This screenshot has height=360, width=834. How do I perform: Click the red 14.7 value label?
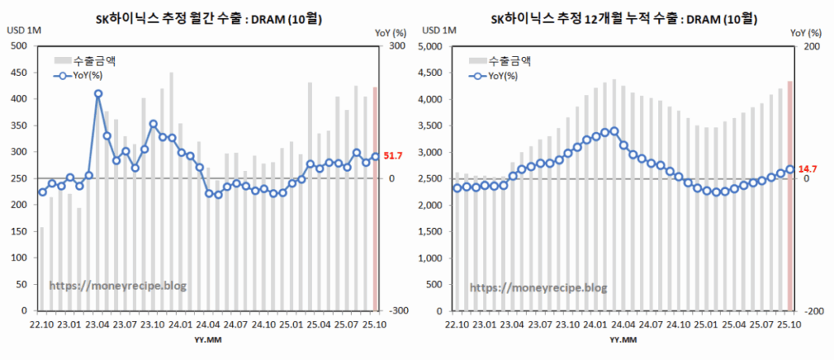click(x=806, y=169)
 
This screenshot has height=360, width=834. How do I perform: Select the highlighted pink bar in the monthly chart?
click(x=375, y=199)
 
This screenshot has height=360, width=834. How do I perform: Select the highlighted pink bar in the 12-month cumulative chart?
click(x=789, y=195)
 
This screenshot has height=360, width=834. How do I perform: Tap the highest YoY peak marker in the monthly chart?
click(x=98, y=94)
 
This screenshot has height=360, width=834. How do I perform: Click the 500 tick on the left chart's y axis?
click(x=17, y=46)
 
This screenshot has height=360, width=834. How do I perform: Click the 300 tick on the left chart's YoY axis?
click(x=396, y=46)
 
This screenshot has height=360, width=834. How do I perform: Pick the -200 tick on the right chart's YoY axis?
click(x=810, y=311)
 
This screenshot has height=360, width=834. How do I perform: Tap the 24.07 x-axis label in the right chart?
click(x=650, y=326)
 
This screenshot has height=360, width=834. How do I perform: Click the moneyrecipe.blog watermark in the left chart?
click(x=118, y=287)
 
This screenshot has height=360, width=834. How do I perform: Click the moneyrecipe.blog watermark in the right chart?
click(x=538, y=288)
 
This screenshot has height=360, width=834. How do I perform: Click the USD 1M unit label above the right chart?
click(x=437, y=31)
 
